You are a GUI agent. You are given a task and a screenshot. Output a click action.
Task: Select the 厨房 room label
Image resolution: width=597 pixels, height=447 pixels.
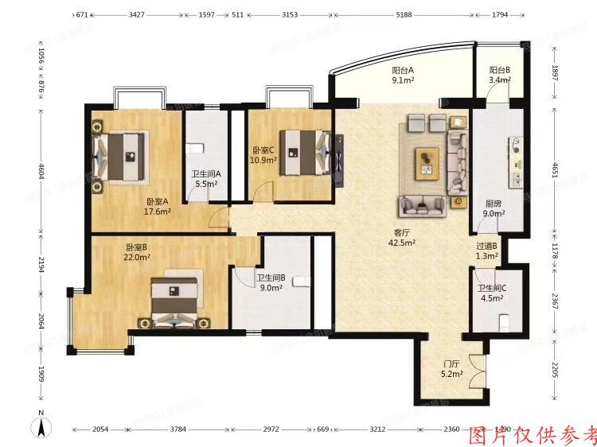pyautogui.click(x=493, y=202)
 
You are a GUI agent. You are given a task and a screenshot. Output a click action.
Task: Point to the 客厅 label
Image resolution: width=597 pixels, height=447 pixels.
pyautogui.click(x=404, y=233)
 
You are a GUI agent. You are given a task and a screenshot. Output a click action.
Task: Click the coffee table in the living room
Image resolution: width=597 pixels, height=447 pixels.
pyautogui.click(x=427, y=163)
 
